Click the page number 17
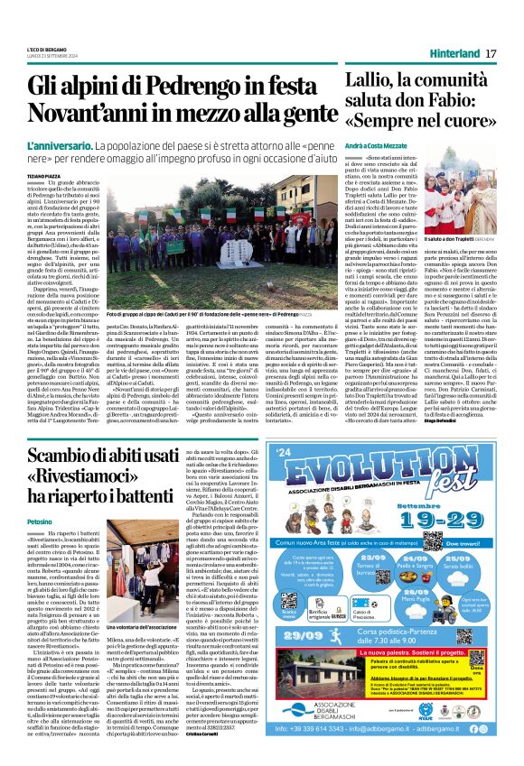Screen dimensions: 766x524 [x=492, y=54]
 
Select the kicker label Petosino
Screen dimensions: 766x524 [x=40, y=521]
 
